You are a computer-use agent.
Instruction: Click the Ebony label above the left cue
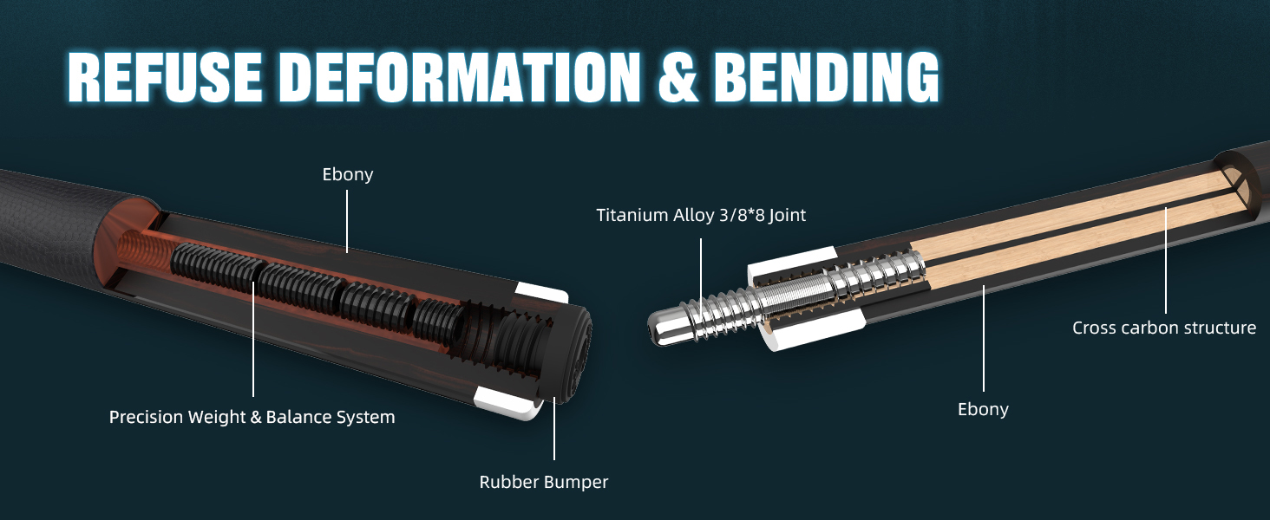coord(348,174)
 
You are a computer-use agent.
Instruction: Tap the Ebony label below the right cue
coord(983,410)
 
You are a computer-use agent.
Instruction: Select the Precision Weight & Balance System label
coord(252,417)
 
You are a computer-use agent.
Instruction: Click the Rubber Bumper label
coord(544,482)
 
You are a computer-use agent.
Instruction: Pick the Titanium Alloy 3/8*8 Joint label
coord(701,215)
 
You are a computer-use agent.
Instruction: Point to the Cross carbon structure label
coord(1164,328)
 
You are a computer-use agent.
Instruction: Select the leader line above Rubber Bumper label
coord(554,428)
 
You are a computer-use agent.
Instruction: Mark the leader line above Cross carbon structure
coord(1166,260)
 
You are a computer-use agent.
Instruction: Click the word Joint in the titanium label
coord(787,215)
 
